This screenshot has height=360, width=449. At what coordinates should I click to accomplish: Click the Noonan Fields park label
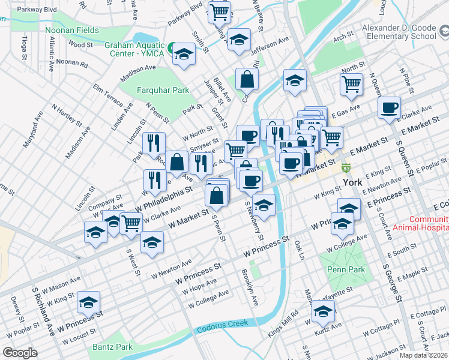click(71, 29)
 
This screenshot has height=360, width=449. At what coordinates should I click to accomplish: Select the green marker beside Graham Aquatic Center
click(171, 47)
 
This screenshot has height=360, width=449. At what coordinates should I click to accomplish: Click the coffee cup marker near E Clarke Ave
click(389, 107)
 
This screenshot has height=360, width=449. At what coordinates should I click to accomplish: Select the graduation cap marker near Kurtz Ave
click(323, 311)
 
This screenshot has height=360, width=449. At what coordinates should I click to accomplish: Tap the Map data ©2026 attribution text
click(423, 355)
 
